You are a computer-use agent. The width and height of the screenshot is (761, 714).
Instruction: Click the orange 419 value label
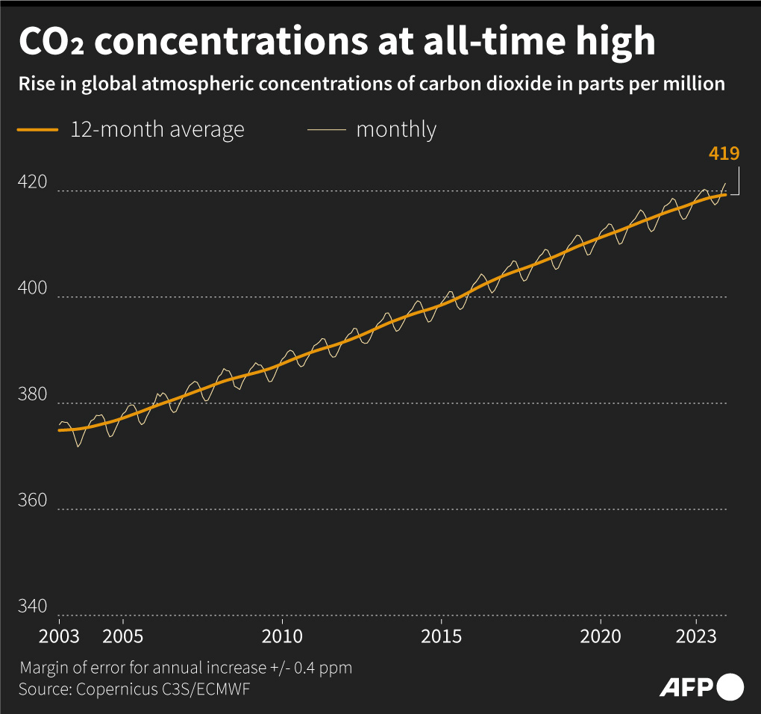pos(724,155)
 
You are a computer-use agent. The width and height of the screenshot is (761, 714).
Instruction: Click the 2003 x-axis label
pos(59,636)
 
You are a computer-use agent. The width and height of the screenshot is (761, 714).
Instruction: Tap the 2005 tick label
pos(122,636)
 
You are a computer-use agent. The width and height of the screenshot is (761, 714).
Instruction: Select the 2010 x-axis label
pos(282,636)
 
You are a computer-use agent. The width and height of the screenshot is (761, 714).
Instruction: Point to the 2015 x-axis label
pos(442,636)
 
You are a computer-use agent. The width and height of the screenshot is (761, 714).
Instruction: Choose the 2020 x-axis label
pos(601,636)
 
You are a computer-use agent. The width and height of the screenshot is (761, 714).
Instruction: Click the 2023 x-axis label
pos(697,636)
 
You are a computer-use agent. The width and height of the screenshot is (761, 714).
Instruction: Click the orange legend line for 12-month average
pos(38,130)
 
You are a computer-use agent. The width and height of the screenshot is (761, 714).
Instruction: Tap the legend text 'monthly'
pos(396,129)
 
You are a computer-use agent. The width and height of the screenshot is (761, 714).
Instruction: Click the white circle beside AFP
pos(730,686)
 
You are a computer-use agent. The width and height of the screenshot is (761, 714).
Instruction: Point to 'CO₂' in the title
pos(51,43)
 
